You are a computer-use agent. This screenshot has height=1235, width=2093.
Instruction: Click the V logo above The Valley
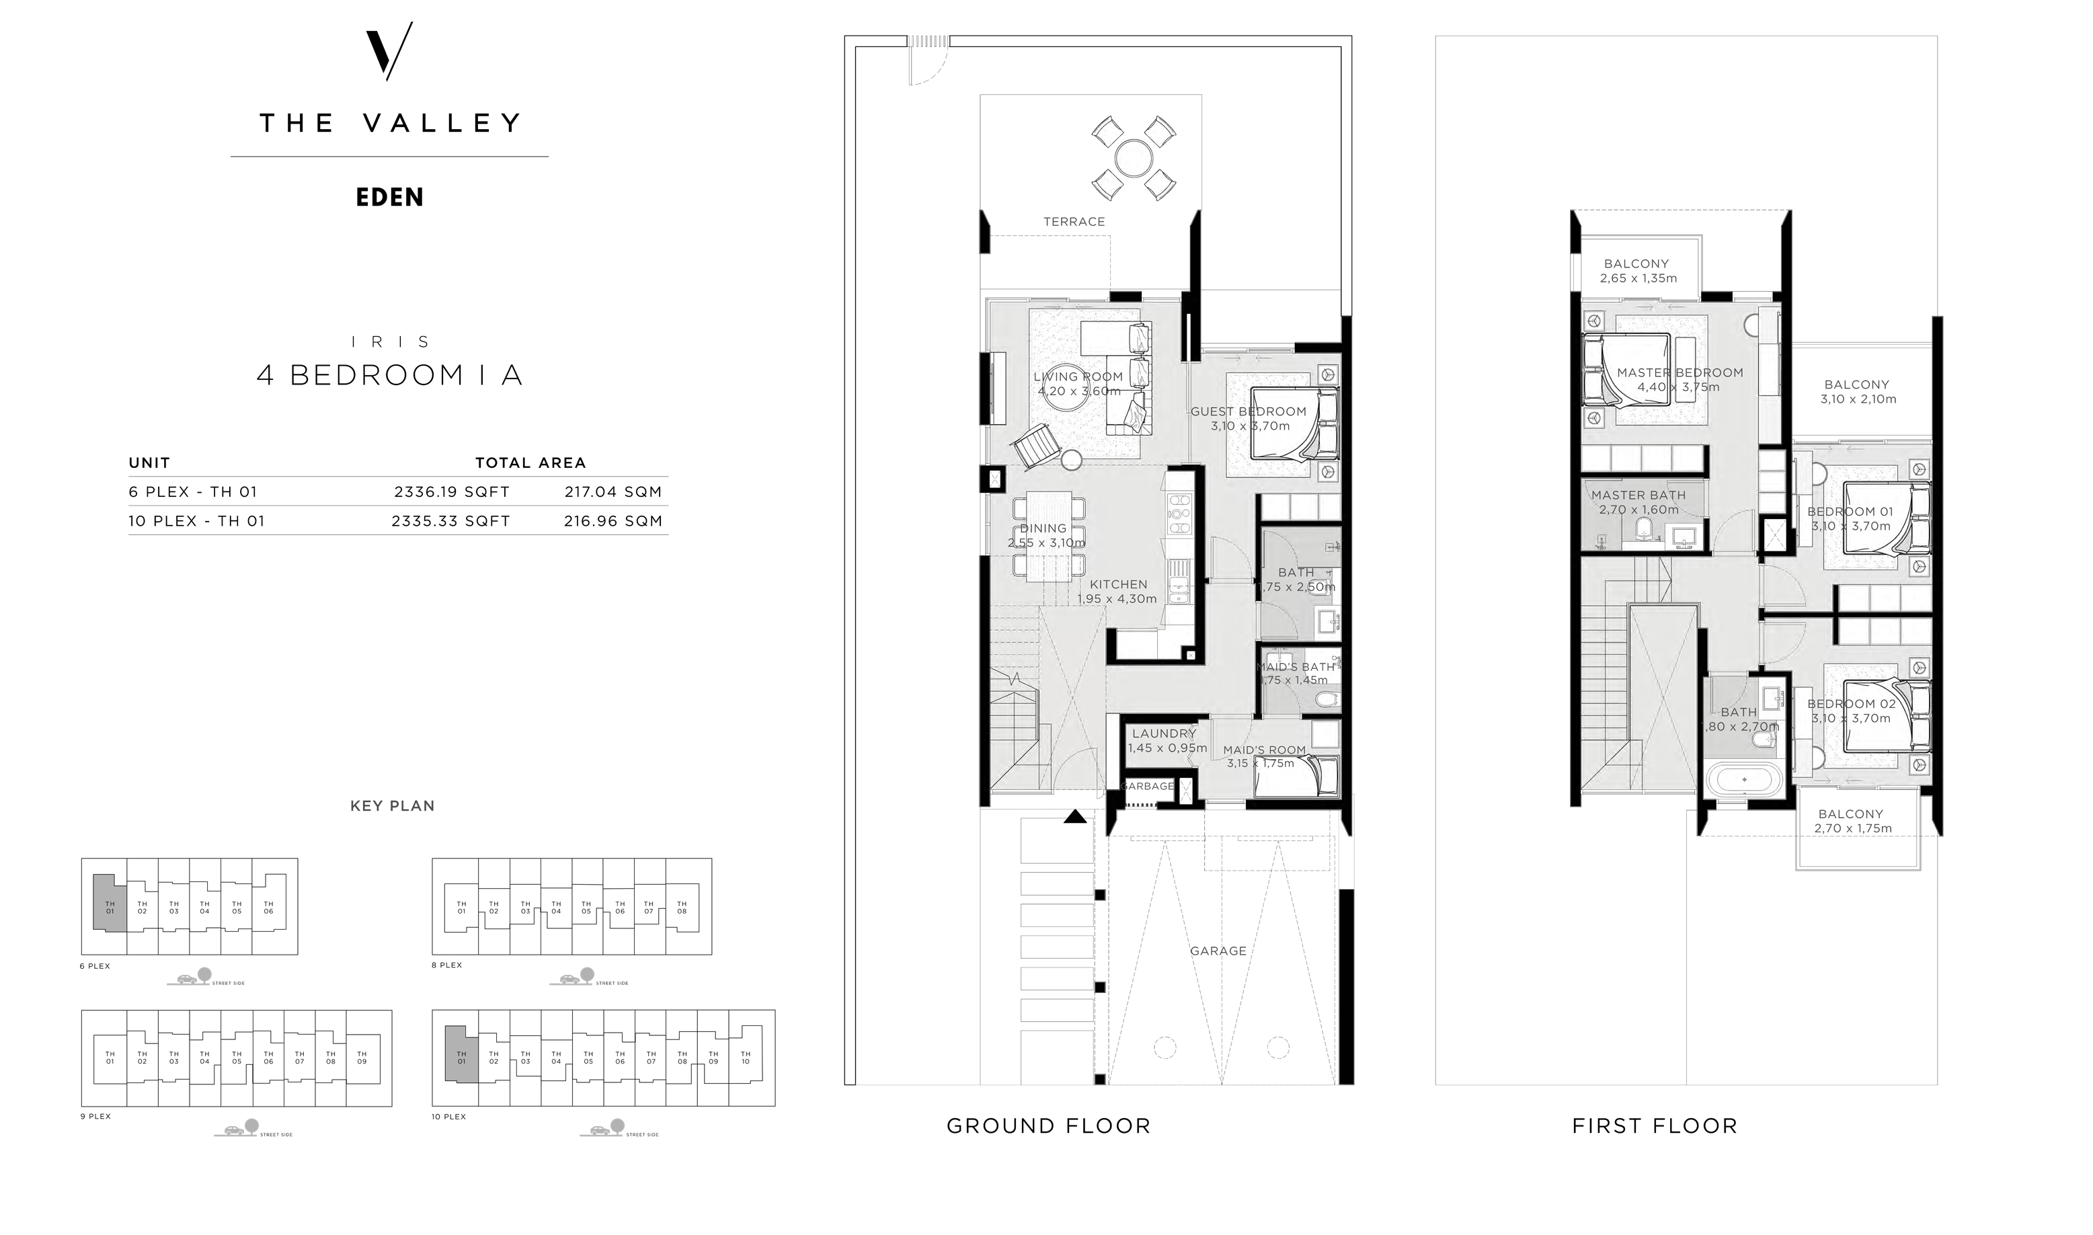pyautogui.click(x=389, y=52)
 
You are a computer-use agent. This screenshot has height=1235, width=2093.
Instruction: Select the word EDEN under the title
pyautogui.click(x=389, y=197)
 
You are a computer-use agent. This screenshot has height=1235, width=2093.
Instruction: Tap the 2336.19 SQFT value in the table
pyautogui.click(x=451, y=492)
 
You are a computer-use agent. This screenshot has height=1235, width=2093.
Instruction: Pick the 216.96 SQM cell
pyautogui.click(x=613, y=521)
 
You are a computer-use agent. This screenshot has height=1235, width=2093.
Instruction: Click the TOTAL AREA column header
pyautogui.click(x=530, y=463)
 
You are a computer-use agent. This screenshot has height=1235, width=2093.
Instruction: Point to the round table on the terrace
pyautogui.click(x=1133, y=158)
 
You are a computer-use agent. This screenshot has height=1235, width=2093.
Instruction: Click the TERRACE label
pyautogui.click(x=1074, y=221)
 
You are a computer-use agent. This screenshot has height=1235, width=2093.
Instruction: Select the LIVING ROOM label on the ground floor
pyautogui.click(x=1078, y=377)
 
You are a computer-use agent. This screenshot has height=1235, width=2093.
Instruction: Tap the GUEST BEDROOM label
pyautogui.click(x=1249, y=411)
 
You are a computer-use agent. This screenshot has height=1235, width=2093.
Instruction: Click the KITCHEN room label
pyautogui.click(x=1119, y=584)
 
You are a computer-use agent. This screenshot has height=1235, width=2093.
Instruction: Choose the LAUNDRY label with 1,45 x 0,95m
pyautogui.click(x=1163, y=733)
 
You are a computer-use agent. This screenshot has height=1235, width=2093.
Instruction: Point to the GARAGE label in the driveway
pyautogui.click(x=1218, y=951)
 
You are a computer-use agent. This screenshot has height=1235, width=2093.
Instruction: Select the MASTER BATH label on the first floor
pyautogui.click(x=1638, y=495)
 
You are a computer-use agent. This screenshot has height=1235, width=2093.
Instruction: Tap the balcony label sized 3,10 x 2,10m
pyautogui.click(x=1856, y=385)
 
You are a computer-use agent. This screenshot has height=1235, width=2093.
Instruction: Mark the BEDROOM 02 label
pyautogui.click(x=1851, y=704)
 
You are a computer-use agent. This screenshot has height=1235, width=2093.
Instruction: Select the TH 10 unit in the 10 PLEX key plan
pyautogui.click(x=745, y=1058)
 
